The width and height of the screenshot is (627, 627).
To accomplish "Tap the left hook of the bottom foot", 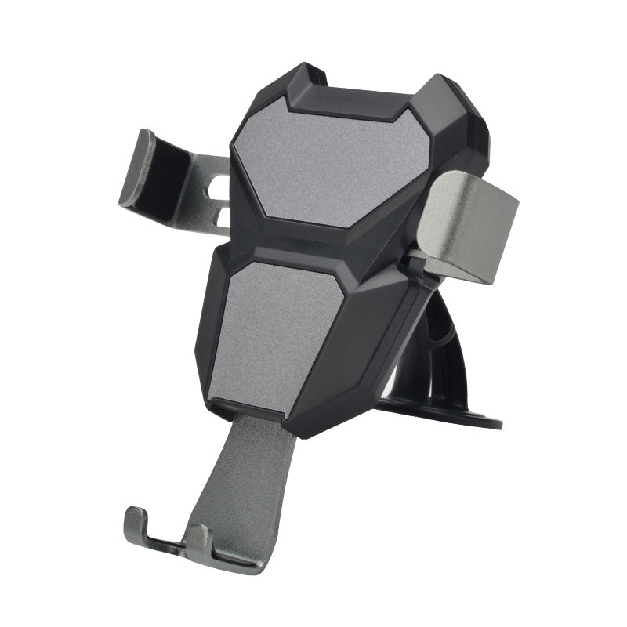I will tap(136, 525).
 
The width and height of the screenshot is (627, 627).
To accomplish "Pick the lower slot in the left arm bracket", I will tap(222, 216).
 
